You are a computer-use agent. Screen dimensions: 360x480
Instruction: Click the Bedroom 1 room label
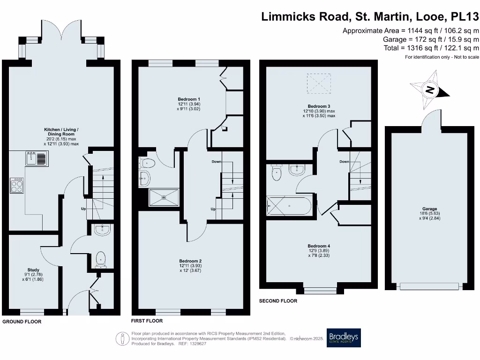[189, 99]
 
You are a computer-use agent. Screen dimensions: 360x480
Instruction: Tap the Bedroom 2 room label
[190, 261]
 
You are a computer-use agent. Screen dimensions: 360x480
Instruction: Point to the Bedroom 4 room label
[319, 246]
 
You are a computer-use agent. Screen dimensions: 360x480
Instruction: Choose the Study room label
[33, 270]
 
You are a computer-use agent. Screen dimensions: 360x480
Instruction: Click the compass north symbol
[430, 90]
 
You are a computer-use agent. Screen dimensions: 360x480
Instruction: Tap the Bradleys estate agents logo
[344, 337]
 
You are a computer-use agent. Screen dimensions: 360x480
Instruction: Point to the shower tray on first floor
[164, 197]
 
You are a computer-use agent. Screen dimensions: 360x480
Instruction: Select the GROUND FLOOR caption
[22, 322]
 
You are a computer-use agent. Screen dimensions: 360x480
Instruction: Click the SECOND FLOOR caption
[278, 301]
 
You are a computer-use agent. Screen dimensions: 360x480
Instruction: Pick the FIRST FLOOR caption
[147, 321]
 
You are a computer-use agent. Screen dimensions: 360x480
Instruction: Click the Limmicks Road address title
[370, 17]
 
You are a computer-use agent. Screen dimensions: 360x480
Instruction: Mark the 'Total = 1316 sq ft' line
[431, 48]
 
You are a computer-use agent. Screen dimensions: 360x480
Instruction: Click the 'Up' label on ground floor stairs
[83, 209]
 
